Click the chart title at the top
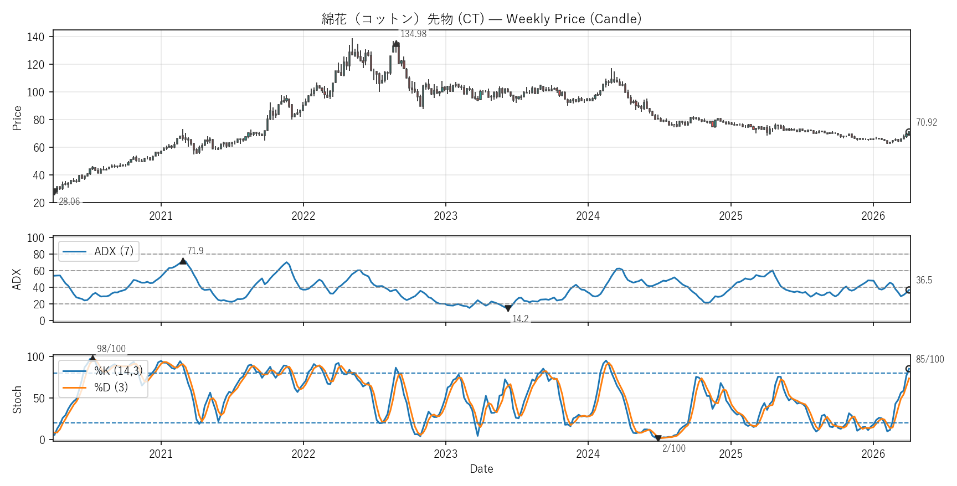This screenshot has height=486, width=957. pyautogui.click(x=481, y=19)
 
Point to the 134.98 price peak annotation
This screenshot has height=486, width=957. pyautogui.click(x=413, y=34)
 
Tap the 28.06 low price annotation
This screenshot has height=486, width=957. pyautogui.click(x=69, y=201)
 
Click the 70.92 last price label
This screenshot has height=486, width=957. pyautogui.click(x=927, y=122)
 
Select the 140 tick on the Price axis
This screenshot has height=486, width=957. pyautogui.click(x=35, y=37)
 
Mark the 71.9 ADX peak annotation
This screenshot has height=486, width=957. pyautogui.click(x=195, y=251)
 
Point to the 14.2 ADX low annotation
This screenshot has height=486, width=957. pyautogui.click(x=520, y=319)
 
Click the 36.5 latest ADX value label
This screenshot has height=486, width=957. pyautogui.click(x=924, y=280)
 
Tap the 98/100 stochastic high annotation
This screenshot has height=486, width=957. pyautogui.click(x=111, y=349)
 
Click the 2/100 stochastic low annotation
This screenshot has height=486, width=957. pyautogui.click(x=673, y=448)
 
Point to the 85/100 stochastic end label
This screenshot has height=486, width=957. pyautogui.click(x=930, y=359)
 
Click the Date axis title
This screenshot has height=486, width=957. pyautogui.click(x=481, y=469)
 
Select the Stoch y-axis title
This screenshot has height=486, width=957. pyautogui.click(x=17, y=399)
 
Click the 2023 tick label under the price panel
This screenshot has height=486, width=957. pyautogui.click(x=445, y=216)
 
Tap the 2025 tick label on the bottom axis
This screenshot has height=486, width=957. pyautogui.click(x=730, y=454)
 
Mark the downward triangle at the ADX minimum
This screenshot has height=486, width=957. pyautogui.click(x=508, y=309)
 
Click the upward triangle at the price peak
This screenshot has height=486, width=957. pyautogui.click(x=396, y=44)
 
